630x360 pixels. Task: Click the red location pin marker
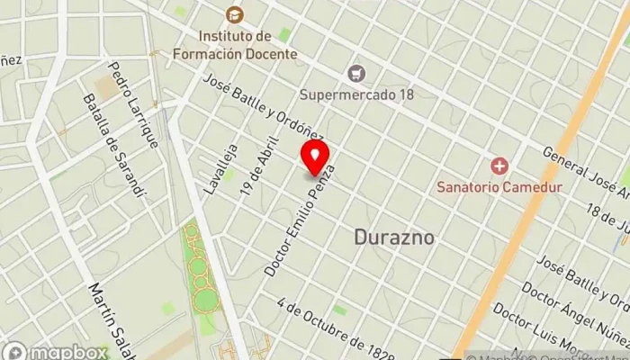point(315,157)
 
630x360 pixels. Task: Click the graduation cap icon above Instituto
point(234,14)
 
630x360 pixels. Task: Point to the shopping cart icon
point(357,72)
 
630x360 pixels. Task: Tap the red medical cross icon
point(499,166)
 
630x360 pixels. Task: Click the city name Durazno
point(394,238)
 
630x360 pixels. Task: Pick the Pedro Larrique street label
point(133,104)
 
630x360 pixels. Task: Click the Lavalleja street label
point(221,168)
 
